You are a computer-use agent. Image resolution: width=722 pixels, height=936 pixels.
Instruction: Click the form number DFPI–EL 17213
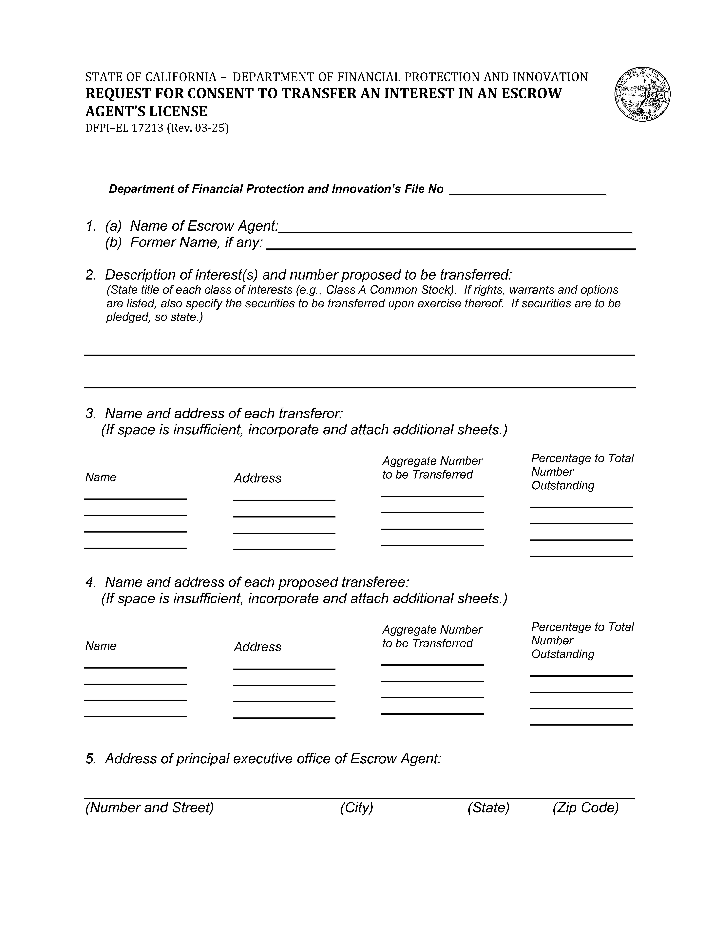tap(124, 128)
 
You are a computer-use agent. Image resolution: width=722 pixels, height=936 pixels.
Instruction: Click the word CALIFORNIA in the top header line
tap(181, 77)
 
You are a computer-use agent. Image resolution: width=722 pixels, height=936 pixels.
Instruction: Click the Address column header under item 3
tap(257, 478)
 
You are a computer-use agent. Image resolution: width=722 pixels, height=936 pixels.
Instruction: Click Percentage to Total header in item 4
tap(582, 627)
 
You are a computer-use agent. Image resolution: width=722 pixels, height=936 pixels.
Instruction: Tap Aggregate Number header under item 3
tap(432, 461)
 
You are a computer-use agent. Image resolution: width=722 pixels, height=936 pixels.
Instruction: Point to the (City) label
tap(356, 808)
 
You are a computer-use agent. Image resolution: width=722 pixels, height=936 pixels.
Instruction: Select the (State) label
tap(488, 808)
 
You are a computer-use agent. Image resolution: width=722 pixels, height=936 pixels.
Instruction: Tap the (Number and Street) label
tap(150, 808)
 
